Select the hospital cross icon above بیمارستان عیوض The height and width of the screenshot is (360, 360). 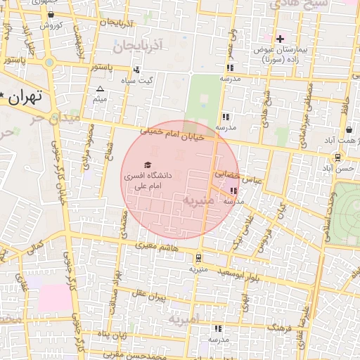click(x=280, y=39)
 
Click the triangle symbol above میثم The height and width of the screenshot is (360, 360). click(x=100, y=89)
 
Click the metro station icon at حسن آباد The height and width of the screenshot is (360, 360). click(x=339, y=158)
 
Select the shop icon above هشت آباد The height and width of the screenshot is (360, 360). click(x=349, y=130)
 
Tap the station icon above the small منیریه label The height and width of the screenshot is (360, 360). click(x=198, y=258)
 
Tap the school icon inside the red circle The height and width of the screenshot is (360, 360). click(x=233, y=191)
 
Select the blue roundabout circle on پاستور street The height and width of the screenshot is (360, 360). click(x=49, y=63)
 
